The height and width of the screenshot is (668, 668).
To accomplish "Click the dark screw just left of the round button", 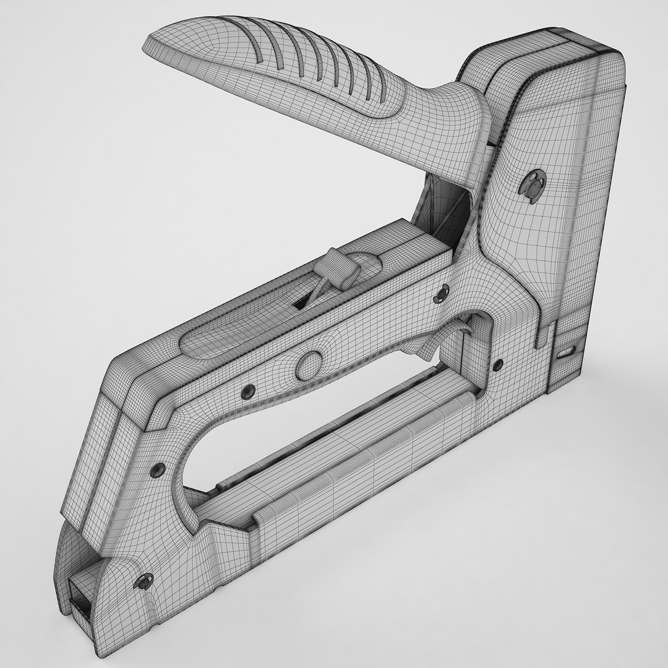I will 249,390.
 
